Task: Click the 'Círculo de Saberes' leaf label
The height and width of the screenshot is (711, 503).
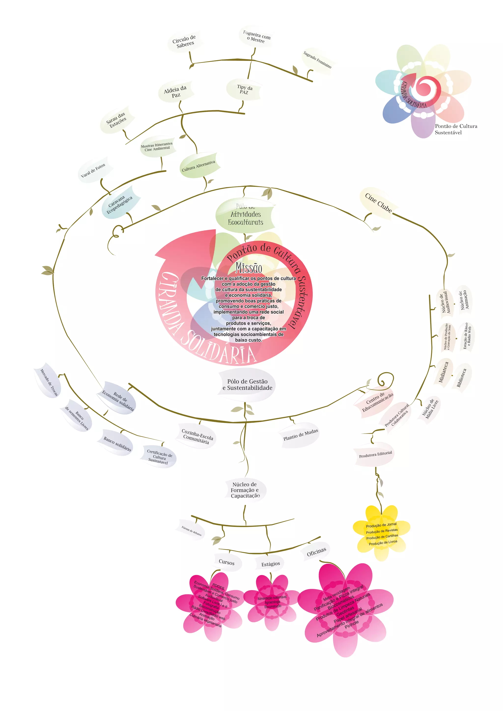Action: pyautogui.click(x=184, y=41)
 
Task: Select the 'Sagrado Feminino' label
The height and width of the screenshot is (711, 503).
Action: pyautogui.click(x=317, y=60)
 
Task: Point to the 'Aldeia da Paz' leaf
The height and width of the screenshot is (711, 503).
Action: pyautogui.click(x=175, y=91)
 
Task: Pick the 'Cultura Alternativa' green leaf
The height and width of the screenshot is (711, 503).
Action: pyautogui.click(x=198, y=166)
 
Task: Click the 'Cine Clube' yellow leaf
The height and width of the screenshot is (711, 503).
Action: pyautogui.click(x=378, y=203)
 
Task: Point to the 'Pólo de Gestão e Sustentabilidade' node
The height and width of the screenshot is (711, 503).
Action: pyautogui.click(x=247, y=385)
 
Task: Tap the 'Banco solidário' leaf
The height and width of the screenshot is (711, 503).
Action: pyautogui.click(x=117, y=444)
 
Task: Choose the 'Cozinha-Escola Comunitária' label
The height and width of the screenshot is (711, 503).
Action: pyautogui.click(x=197, y=436)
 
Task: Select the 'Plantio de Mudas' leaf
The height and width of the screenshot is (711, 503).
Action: pyautogui.click(x=300, y=435)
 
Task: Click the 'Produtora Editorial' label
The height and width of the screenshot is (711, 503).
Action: pyautogui.click(x=375, y=454)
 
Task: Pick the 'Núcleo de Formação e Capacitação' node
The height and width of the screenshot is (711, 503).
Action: pyautogui.click(x=245, y=490)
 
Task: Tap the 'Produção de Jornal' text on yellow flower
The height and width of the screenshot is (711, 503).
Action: pyautogui.click(x=381, y=525)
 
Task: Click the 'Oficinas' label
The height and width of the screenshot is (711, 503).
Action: pyautogui.click(x=316, y=552)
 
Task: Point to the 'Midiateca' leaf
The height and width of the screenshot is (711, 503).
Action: pyautogui.click(x=444, y=372)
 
